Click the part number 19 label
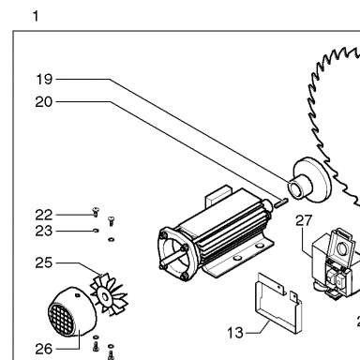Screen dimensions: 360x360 [44, 80]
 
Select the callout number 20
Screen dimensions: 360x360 [44, 102]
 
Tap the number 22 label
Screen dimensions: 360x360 [43, 216]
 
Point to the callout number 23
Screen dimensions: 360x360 [43, 232]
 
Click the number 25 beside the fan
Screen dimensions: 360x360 [43, 262]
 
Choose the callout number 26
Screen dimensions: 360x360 [43, 349]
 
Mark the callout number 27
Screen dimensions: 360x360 [304, 220]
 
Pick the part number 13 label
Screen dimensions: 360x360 [235, 333]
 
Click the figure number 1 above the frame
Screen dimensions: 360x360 [36, 16]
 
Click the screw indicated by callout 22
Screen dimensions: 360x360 [96, 212]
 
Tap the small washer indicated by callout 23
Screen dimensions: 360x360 [96, 231]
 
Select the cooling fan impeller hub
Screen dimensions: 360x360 [105, 295]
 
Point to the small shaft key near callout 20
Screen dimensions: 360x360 [281, 202]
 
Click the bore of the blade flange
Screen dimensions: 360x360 [295, 188]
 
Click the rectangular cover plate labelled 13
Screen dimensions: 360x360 [278, 303]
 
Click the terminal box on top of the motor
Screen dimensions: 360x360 [218, 194]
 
